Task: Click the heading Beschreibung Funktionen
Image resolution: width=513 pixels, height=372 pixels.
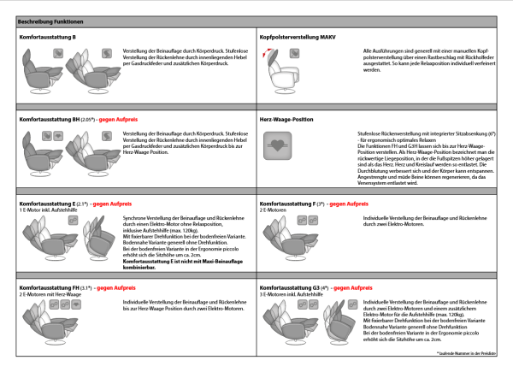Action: (x=48, y=19)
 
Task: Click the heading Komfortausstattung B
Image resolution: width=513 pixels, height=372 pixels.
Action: (x=48, y=38)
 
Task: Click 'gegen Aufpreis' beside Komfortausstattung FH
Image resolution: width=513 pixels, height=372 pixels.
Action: (x=115, y=286)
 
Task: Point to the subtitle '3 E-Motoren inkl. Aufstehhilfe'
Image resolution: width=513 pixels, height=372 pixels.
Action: (x=287, y=293)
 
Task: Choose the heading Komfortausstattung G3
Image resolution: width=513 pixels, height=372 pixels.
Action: (x=290, y=286)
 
